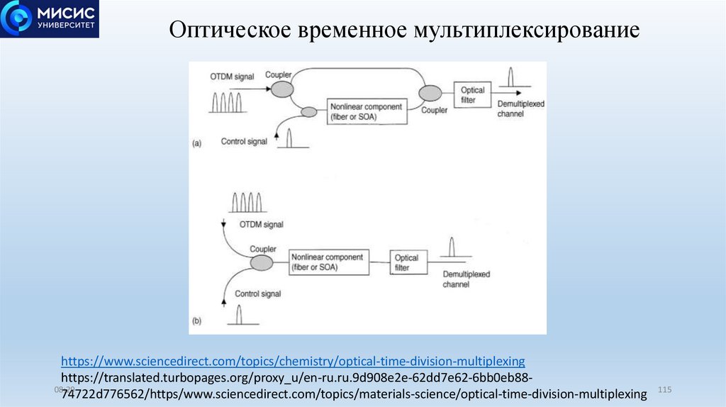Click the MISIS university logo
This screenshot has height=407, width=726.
[50, 19]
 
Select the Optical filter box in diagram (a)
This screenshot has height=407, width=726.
[472, 95]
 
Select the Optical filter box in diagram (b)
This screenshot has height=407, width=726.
[407, 262]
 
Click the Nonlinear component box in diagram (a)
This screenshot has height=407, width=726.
[367, 112]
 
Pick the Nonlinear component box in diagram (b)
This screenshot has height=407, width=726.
[328, 262]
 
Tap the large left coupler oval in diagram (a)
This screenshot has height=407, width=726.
[282, 89]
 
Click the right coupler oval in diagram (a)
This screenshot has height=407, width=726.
[430, 92]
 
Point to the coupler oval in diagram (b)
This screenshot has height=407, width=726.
[261, 263]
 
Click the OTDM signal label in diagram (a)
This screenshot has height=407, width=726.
[231, 76]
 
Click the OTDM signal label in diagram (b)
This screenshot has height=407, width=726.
[261, 224]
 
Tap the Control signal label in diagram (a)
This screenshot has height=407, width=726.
[244, 142]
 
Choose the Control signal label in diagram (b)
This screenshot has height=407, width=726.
[257, 294]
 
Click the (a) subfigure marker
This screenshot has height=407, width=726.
[197, 143]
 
